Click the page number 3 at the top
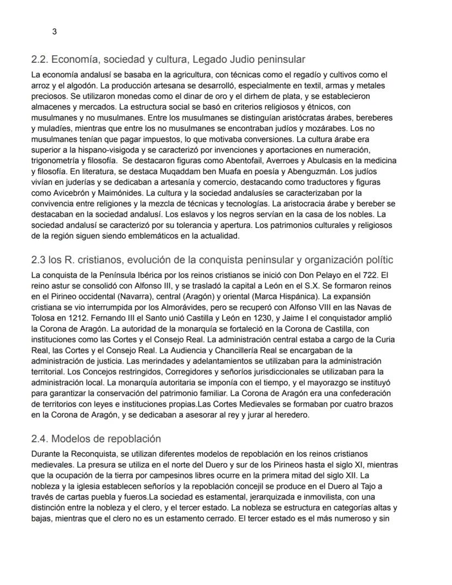tap(54, 32)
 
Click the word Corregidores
tap(152, 371)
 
